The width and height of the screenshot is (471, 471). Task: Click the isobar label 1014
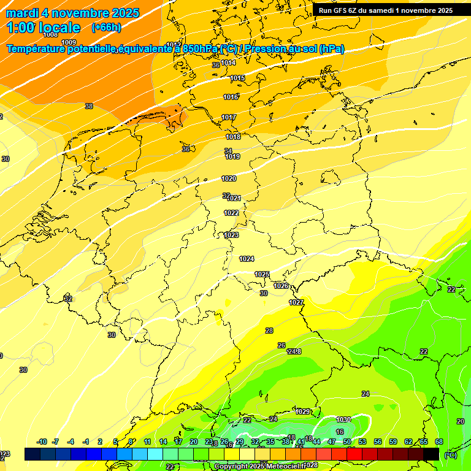pyautogui.click(x=229, y=63)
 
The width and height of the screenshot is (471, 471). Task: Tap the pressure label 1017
pyautogui.click(x=229, y=117)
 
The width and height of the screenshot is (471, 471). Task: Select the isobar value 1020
pyautogui.click(x=229, y=178)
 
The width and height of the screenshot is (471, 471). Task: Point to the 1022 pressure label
pyautogui.click(x=231, y=213)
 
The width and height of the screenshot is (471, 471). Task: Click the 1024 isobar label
pyautogui.click(x=247, y=259)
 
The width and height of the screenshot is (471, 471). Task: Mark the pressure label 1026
pyautogui.click(x=281, y=286)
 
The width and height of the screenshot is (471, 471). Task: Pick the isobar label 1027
pyautogui.click(x=296, y=302)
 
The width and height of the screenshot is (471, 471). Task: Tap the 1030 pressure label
pyautogui.click(x=343, y=419)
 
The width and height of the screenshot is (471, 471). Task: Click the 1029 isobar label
pyautogui.click(x=303, y=412)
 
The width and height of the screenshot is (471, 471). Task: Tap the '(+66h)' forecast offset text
pyautogui.click(x=106, y=28)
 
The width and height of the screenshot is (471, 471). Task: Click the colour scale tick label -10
pyautogui.click(x=42, y=442)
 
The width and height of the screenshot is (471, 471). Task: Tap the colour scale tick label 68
pyautogui.click(x=439, y=442)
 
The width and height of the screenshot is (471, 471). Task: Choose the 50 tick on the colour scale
pyautogui.click(x=347, y=442)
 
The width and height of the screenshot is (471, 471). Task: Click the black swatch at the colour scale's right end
pyautogui.click(x=431, y=454)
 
